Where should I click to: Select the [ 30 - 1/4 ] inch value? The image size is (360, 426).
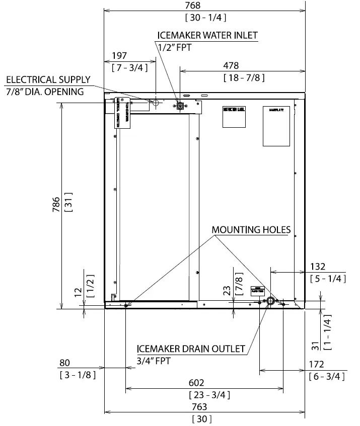point(205,18)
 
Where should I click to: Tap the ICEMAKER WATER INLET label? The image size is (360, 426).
point(207,35)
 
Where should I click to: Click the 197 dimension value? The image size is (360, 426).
point(120,56)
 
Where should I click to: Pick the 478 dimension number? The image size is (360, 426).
point(231,66)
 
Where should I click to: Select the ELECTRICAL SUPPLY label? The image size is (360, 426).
point(48,79)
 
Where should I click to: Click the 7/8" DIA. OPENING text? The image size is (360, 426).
point(45,92)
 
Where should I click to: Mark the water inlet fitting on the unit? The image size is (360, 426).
point(179,106)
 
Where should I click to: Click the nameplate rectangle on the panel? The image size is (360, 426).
point(276,126)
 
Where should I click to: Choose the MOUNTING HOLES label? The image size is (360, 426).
point(251,230)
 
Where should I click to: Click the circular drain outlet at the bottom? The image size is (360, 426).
point(270,302)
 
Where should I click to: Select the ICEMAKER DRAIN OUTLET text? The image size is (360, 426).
point(191,349)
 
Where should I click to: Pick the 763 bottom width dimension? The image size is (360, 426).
point(202,407)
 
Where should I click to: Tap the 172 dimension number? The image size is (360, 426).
point(316,365)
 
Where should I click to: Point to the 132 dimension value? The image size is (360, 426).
point(317,267)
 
